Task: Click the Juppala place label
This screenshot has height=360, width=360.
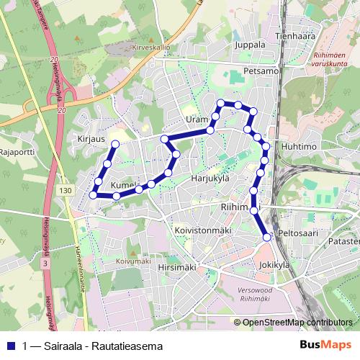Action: click(250, 44)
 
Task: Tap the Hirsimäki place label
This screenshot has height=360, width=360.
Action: click(176, 267)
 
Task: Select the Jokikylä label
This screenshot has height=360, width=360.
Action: click(274, 265)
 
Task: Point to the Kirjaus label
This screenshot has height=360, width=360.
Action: click(91, 135)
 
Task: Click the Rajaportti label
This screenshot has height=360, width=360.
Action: click(17, 153)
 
